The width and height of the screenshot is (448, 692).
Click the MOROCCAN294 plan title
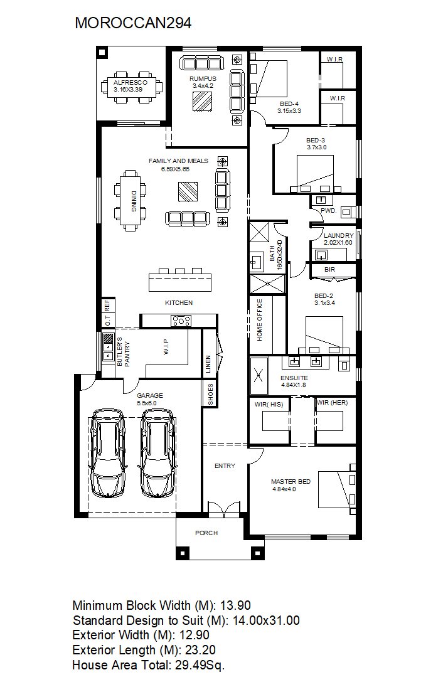(133, 23)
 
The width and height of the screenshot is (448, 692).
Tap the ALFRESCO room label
(131, 83)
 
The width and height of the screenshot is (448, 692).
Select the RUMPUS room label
(203, 78)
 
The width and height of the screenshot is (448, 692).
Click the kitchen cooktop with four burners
(181, 320)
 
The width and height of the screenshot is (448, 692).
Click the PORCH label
(206, 533)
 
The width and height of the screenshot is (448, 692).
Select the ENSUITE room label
(294, 378)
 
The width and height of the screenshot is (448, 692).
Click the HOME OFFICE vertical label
(260, 319)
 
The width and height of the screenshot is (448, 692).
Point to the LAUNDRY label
(339, 236)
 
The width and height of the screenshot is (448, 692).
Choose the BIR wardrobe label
(329, 269)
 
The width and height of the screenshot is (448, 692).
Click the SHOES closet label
(211, 394)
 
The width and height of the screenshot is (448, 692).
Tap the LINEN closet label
(208, 365)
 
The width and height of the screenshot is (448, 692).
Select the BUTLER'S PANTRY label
(123, 351)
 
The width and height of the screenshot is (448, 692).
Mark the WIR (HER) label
(333, 403)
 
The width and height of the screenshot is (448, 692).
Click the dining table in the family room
(131, 201)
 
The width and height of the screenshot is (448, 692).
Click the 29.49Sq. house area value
(200, 665)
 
